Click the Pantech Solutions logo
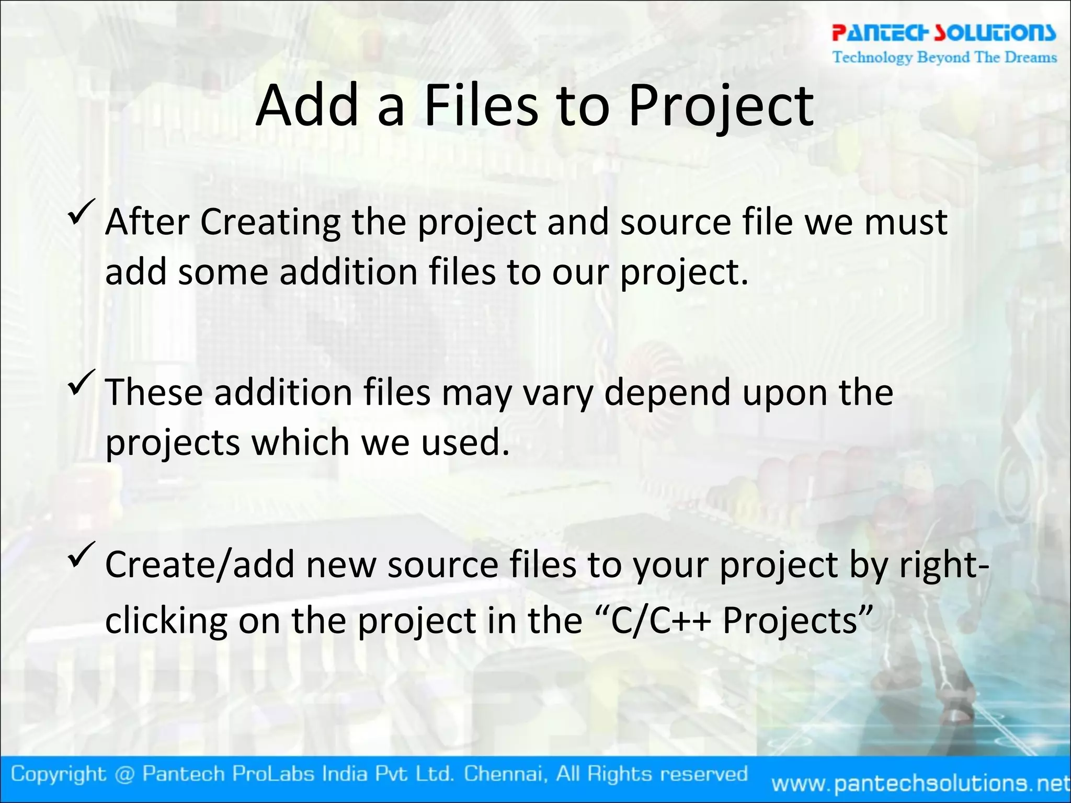coord(943,32)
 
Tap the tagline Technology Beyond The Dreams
coord(944,57)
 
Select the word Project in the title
coord(721,107)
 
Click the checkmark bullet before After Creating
coord(81,212)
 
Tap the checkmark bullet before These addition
coord(81,382)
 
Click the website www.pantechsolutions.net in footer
coord(920,783)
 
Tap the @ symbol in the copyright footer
coord(123,774)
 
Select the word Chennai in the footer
coord(506,774)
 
